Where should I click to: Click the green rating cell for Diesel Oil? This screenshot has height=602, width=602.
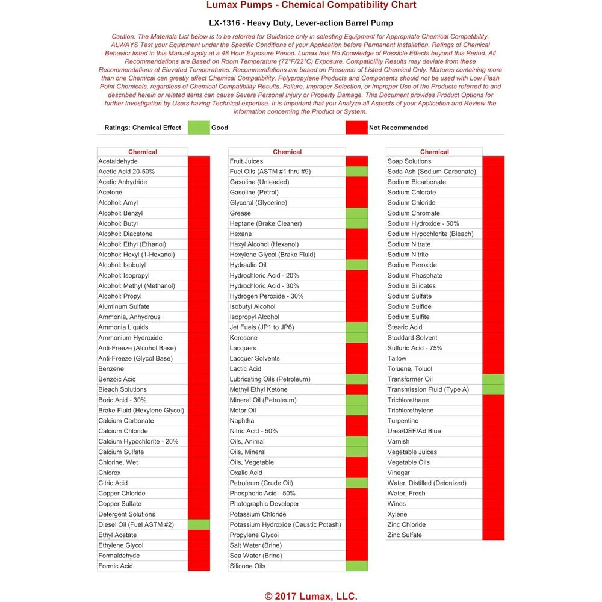[199, 524]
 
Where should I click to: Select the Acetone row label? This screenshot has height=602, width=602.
[110, 193]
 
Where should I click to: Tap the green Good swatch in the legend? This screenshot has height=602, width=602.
[198, 128]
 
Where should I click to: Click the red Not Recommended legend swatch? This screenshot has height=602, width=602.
[356, 128]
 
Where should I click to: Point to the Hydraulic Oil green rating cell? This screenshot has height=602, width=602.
[356, 265]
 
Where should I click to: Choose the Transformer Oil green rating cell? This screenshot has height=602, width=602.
[494, 379]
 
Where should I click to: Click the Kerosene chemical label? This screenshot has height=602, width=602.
[243, 338]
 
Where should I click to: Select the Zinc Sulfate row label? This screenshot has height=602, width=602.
[405, 535]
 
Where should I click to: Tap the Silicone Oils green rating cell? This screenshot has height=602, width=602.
[356, 566]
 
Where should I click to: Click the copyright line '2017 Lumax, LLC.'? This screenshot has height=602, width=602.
[311, 596]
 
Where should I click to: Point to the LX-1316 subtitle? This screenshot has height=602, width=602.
[301, 23]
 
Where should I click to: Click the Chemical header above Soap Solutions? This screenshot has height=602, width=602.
[434, 152]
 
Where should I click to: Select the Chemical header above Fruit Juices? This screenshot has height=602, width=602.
[287, 152]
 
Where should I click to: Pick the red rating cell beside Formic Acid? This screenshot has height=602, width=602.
[199, 566]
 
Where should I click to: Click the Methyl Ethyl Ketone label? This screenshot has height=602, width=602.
[258, 389]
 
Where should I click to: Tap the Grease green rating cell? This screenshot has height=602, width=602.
[356, 213]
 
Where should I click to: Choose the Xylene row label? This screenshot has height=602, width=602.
[397, 514]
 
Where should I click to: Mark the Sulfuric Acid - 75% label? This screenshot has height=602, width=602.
[415, 348]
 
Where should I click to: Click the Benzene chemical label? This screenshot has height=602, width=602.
[111, 369]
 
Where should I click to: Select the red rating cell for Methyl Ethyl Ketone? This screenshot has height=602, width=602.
[356, 389]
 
